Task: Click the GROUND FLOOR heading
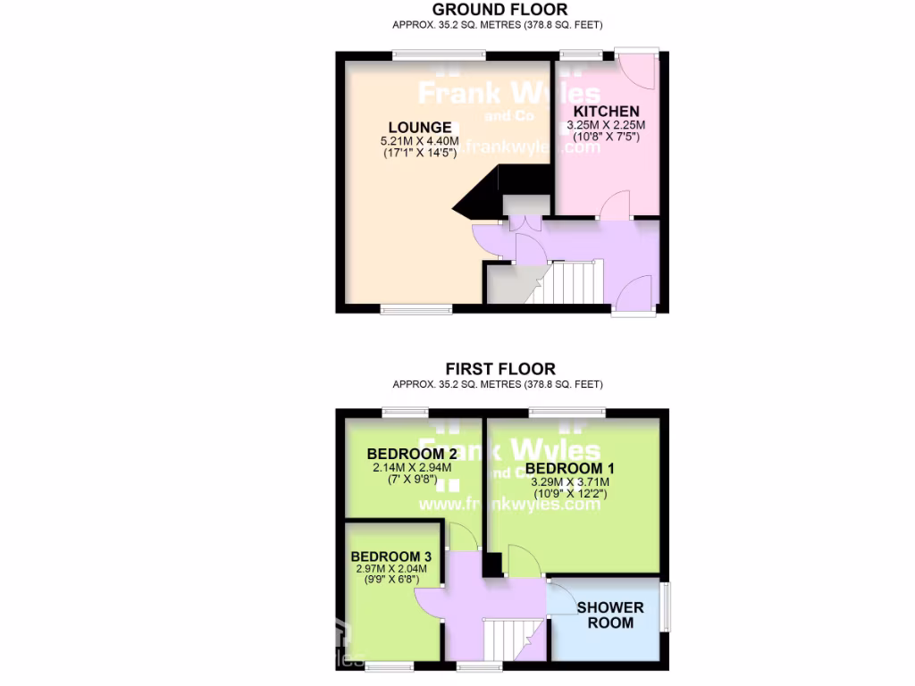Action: pos(499,10)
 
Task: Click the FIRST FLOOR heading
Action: pos(500,369)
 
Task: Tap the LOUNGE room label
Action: pos(419,127)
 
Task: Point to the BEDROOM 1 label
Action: pos(569,468)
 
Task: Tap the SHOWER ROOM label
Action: pos(610,615)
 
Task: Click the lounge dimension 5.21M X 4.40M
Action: pos(419,141)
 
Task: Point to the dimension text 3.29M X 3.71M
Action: pos(570,481)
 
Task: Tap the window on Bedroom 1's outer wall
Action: pos(566,412)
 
